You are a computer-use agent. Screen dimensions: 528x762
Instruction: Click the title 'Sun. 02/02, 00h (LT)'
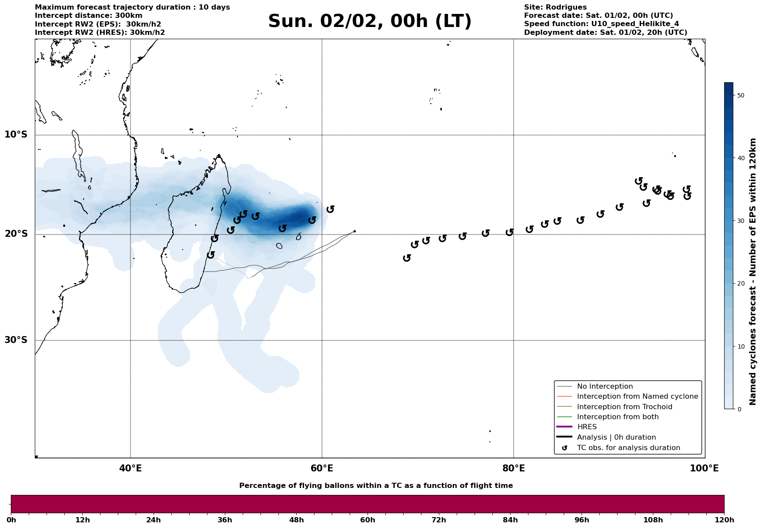click(x=370, y=21)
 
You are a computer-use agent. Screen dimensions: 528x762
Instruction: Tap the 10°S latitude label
click(x=16, y=135)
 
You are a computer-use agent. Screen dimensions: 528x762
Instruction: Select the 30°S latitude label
click(x=16, y=340)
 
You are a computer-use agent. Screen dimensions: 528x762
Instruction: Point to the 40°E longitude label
click(x=130, y=468)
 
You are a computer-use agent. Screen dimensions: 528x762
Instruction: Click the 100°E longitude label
click(x=705, y=468)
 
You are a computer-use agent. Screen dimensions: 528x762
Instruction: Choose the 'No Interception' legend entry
click(x=605, y=387)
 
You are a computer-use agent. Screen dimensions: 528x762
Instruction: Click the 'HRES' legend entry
click(x=587, y=427)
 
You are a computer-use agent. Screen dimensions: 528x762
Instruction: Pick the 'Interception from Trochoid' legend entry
click(x=624, y=407)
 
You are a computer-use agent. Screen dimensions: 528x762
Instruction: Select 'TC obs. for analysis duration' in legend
click(x=628, y=448)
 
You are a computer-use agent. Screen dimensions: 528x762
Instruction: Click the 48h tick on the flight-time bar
click(x=297, y=520)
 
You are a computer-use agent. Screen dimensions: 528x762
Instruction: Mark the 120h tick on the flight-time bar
click(x=724, y=520)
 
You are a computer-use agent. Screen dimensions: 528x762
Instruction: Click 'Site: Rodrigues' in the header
click(x=555, y=7)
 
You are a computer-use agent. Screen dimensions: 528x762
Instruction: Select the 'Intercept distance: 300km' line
click(x=88, y=16)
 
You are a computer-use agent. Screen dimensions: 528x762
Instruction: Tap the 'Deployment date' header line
click(x=605, y=33)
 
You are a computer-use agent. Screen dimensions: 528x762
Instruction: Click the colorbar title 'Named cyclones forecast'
click(x=753, y=272)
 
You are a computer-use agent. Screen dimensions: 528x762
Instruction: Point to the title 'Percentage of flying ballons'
click(x=376, y=486)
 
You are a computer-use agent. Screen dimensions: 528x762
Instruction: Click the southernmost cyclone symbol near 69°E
click(x=407, y=258)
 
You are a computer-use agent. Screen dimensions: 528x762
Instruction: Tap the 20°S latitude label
click(x=16, y=234)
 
